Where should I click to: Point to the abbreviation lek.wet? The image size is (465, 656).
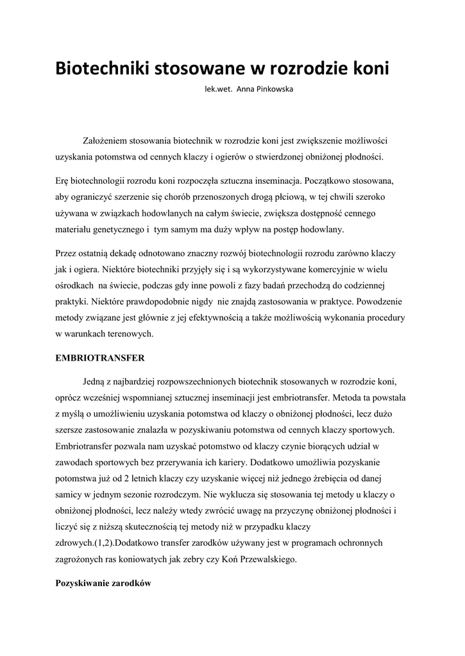point(218,90)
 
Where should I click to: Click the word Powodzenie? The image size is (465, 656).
point(382,300)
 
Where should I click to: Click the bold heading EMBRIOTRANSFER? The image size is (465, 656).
point(100,357)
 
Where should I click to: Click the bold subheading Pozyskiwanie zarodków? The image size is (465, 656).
point(103,584)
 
